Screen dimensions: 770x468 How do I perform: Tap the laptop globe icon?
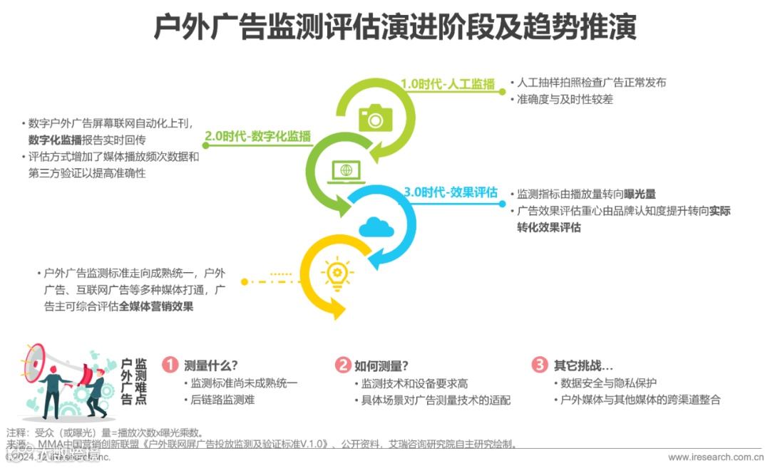(346, 170)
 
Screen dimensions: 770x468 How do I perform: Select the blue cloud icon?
(376, 227)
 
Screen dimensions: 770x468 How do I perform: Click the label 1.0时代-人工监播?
(447, 84)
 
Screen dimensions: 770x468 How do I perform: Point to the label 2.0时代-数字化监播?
(258, 136)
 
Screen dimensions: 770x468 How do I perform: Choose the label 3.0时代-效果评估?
(451, 192)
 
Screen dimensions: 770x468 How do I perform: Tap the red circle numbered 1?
(170, 365)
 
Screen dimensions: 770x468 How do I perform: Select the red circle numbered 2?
(343, 365)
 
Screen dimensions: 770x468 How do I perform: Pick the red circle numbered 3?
(540, 365)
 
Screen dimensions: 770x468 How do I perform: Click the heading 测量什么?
(211, 365)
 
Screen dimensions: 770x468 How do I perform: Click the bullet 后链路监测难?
(222, 400)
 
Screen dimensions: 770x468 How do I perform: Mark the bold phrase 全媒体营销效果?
(156, 306)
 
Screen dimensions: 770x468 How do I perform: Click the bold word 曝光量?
(640, 194)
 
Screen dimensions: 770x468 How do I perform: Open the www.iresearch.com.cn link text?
(714, 457)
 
